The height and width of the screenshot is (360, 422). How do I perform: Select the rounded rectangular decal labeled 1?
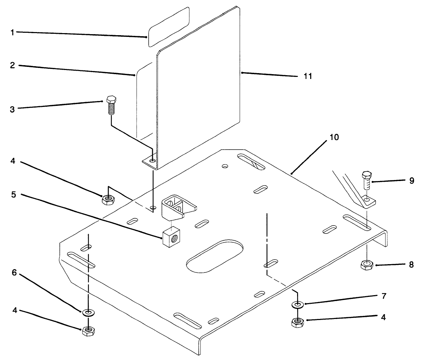point(169,26)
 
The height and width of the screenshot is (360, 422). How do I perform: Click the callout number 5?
point(13,194)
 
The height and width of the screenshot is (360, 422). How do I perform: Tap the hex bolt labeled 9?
point(366,180)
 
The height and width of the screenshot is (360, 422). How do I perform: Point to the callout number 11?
point(307,76)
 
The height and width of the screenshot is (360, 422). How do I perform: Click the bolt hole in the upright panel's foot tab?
point(152,161)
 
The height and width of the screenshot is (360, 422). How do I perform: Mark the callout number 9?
point(411,181)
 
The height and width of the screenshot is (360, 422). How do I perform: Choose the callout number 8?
point(411,265)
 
